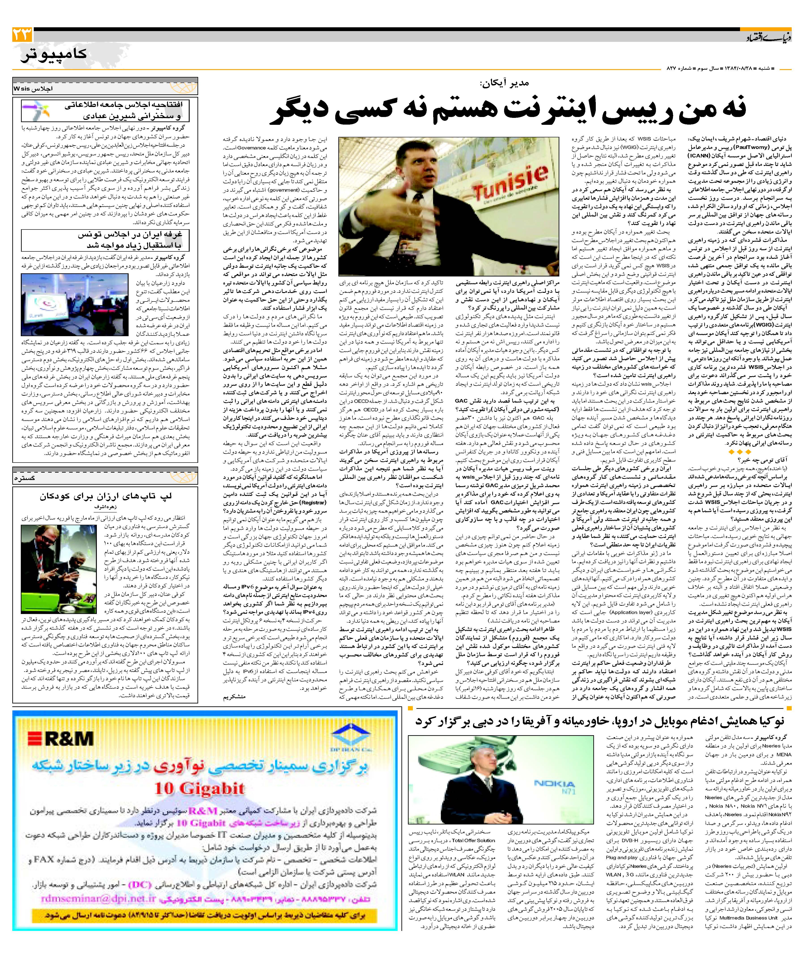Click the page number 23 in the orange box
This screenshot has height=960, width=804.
click(22, 34)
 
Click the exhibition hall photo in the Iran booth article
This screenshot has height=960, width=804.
click(74, 304)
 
